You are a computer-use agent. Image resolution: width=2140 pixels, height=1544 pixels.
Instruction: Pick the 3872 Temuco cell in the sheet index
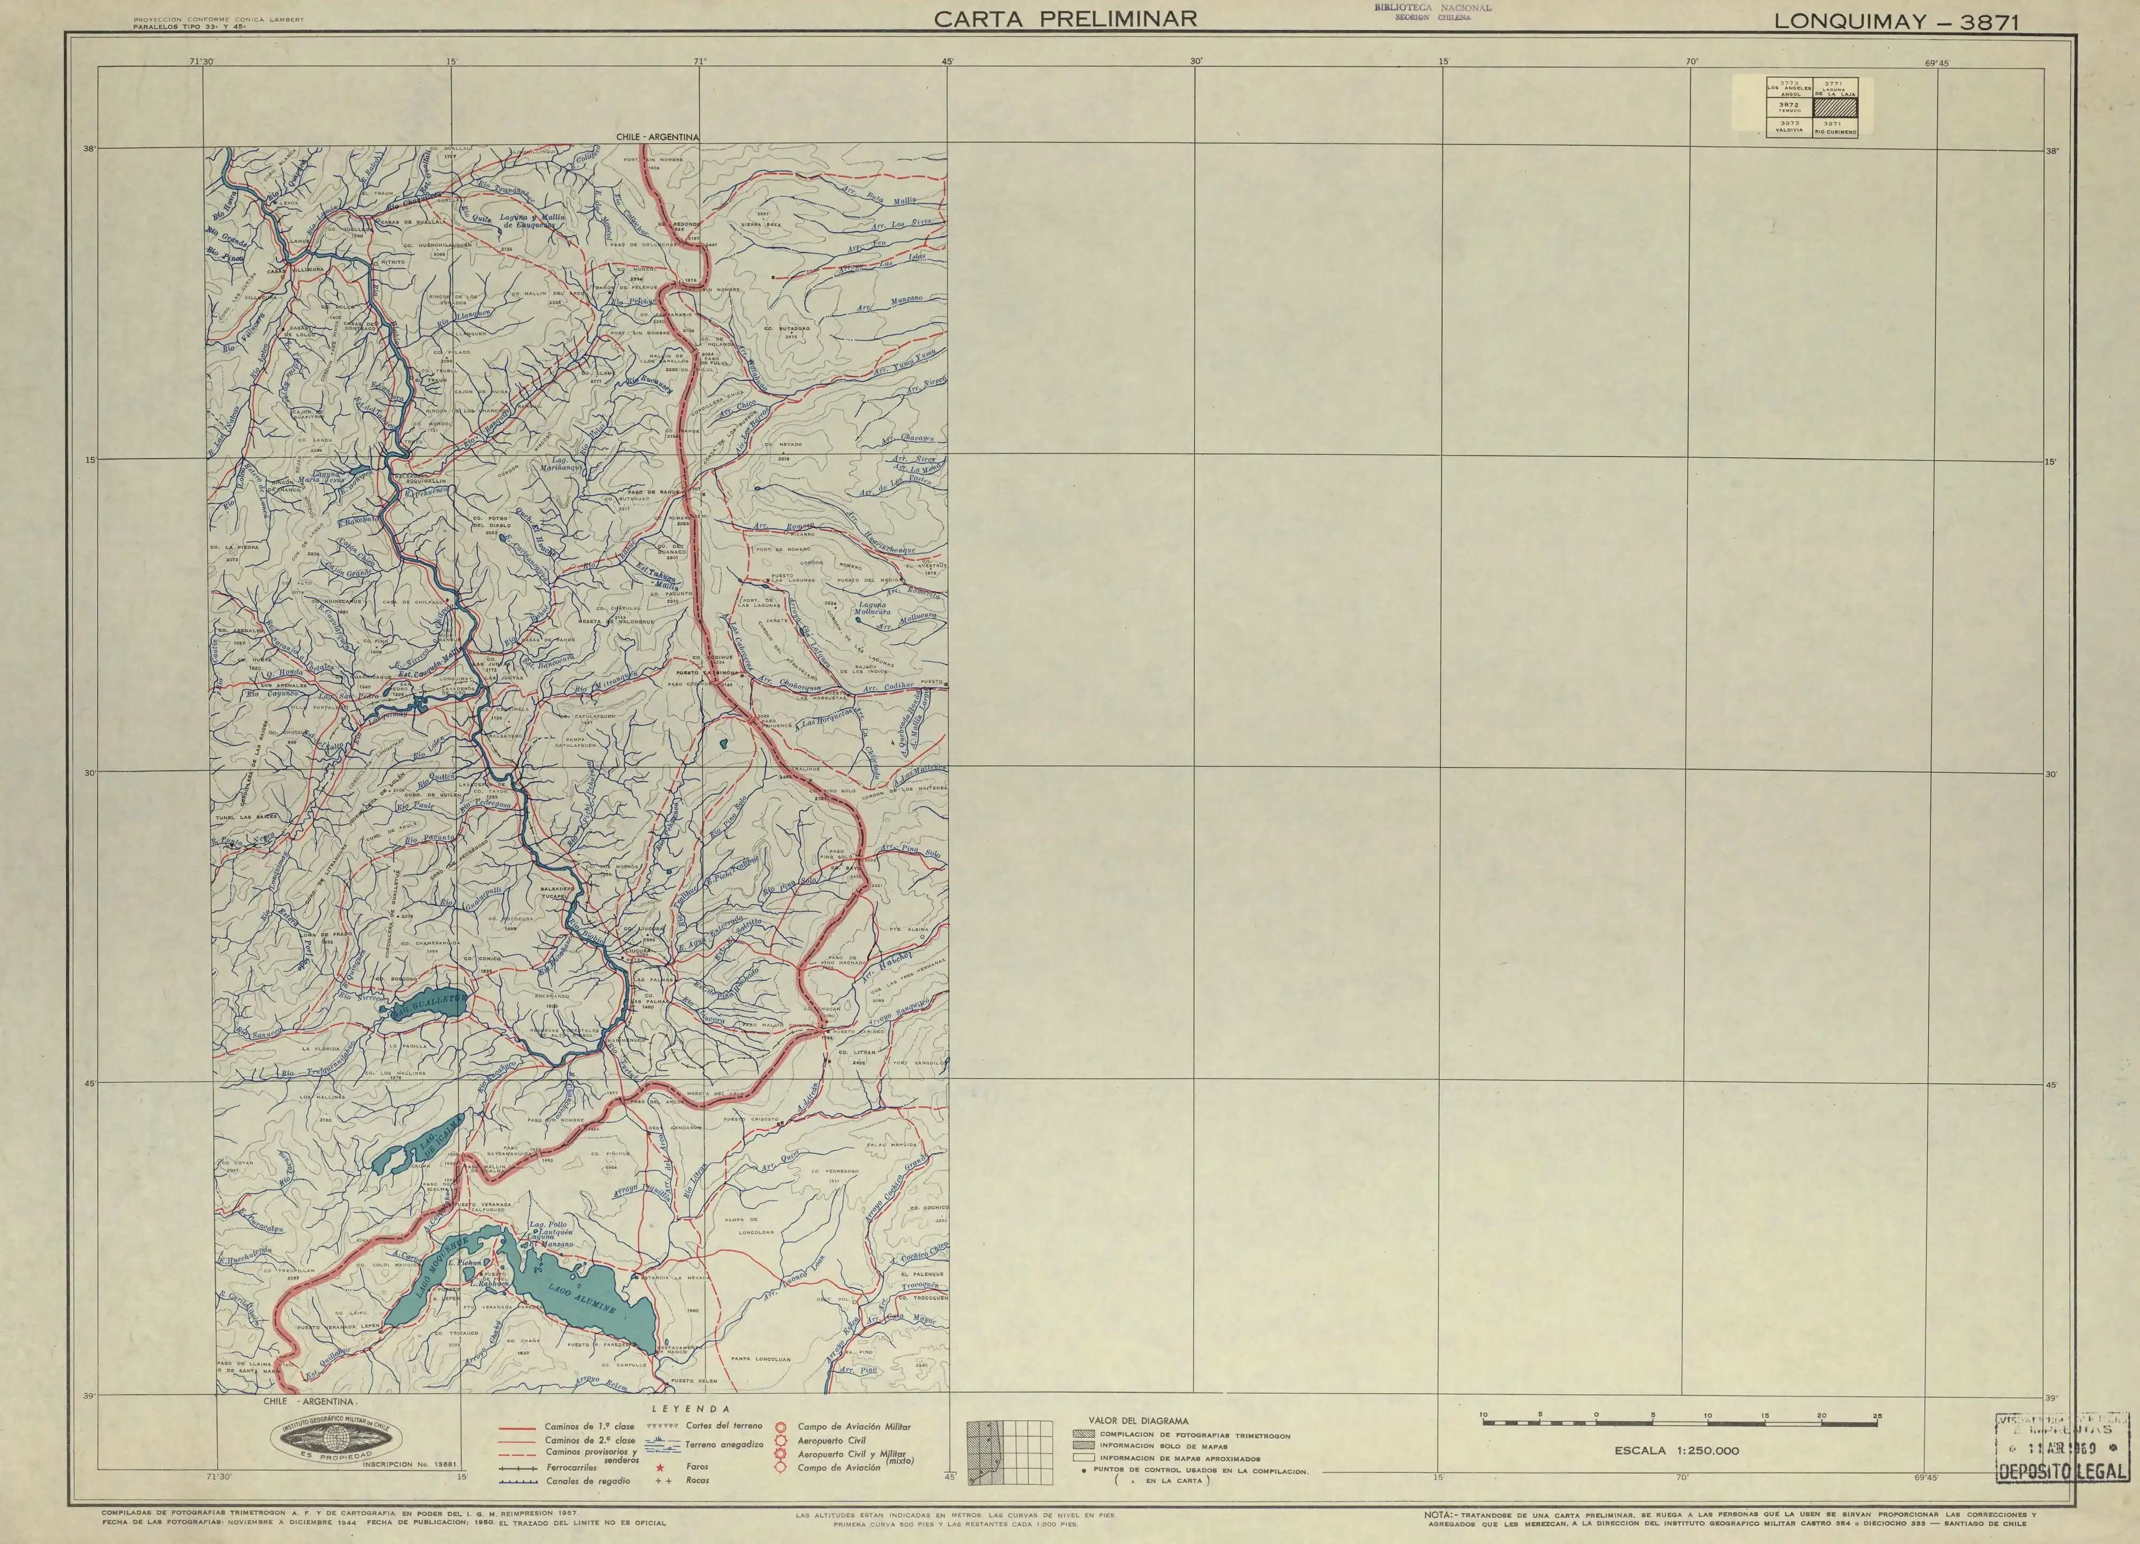click(x=1789, y=108)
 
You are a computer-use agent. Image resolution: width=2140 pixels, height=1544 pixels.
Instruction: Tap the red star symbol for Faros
click(x=661, y=1469)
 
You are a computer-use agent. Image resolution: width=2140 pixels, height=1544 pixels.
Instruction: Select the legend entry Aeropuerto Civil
click(x=830, y=1441)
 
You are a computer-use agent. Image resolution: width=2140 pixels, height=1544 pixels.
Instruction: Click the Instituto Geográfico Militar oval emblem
click(x=338, y=1437)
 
